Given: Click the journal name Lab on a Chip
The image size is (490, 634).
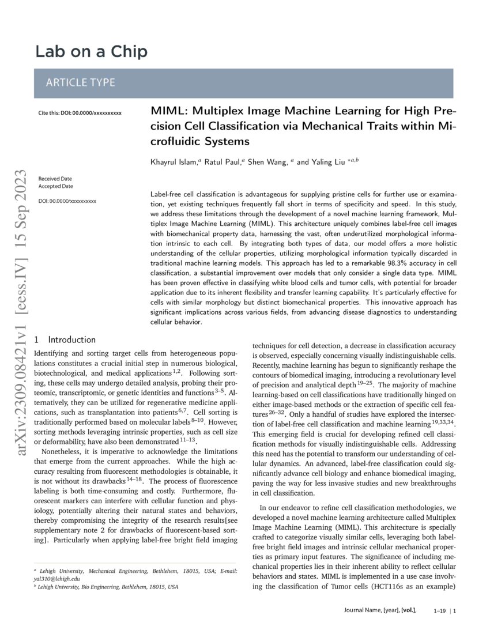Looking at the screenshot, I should click(x=91, y=52).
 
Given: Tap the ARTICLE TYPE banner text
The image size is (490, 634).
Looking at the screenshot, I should click(x=80, y=82).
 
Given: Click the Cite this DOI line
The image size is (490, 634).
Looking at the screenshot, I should click(x=80, y=114).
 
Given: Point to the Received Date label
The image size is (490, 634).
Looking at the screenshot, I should click(x=56, y=179).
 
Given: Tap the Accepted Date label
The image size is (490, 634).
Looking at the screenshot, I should click(x=55, y=186).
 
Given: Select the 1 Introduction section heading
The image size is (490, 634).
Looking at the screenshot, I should click(x=65, y=340).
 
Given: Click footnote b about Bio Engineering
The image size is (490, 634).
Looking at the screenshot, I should click(x=107, y=587).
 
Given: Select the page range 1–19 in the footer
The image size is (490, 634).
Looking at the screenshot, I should click(x=439, y=609).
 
